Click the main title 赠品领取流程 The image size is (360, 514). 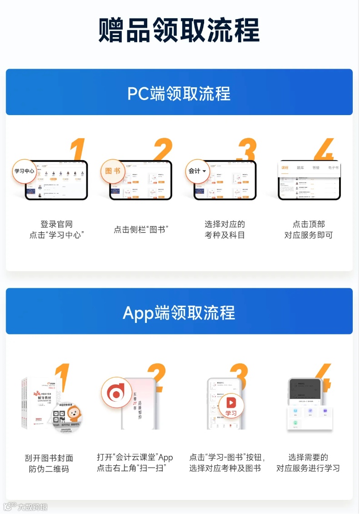click(x=179, y=30)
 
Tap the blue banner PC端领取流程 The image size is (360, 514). click(x=179, y=93)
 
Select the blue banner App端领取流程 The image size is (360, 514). click(x=179, y=312)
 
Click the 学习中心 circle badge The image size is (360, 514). click(x=24, y=171)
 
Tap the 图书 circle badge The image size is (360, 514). click(x=112, y=171)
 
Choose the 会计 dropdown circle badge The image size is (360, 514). click(x=197, y=171)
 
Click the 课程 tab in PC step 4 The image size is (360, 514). click(x=285, y=168)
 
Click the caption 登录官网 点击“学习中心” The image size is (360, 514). click(x=57, y=230)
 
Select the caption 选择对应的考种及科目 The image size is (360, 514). click(x=225, y=230)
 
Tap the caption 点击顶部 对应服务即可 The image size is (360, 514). click(x=309, y=230)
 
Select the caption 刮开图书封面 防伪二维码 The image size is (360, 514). click(x=49, y=463)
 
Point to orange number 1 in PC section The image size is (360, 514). click(x=78, y=150)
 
